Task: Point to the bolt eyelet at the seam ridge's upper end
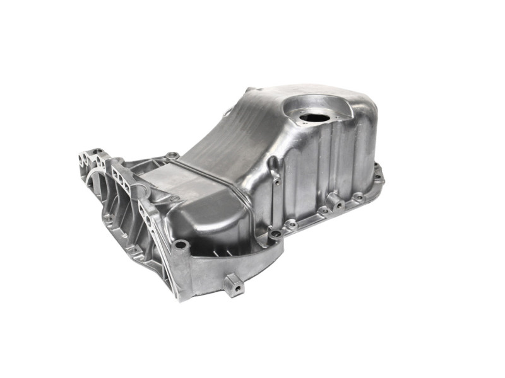pyautogui.click(x=172, y=155)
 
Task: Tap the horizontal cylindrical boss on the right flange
pyautogui.click(x=334, y=202)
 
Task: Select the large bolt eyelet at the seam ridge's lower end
pyautogui.click(x=275, y=234)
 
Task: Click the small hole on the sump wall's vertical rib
pyautogui.click(x=276, y=182)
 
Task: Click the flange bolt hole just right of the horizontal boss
pyautogui.click(x=358, y=197)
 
